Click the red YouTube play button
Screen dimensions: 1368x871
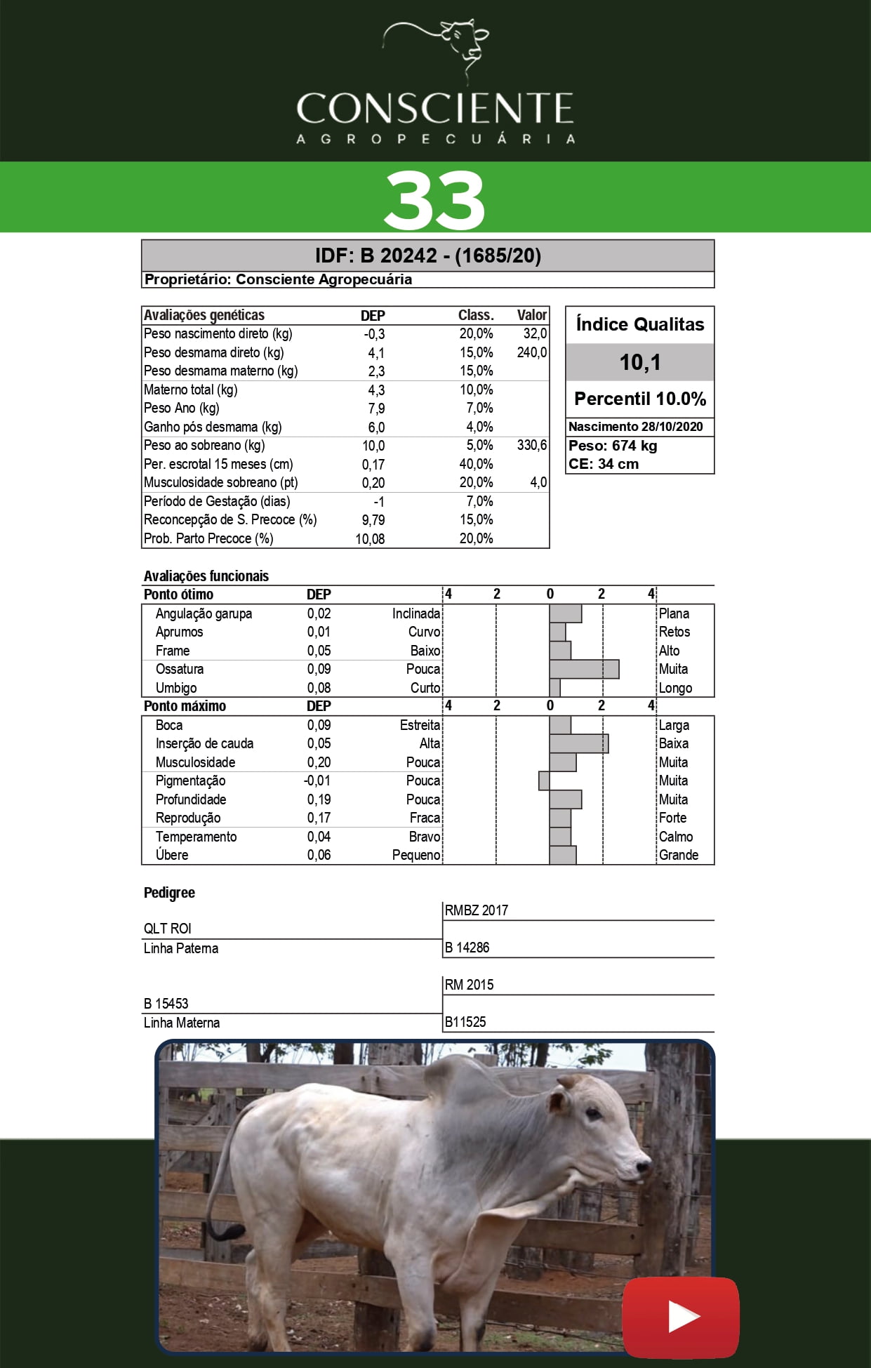tap(681, 1317)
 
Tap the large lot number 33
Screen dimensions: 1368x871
tap(434, 200)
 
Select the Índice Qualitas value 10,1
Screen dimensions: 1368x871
tap(639, 362)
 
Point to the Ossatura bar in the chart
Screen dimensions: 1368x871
tap(584, 669)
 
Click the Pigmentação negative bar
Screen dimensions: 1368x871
tap(544, 781)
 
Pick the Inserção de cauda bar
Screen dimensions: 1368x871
tap(578, 743)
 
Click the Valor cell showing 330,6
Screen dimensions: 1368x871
tap(531, 445)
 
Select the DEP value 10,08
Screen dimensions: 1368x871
tap(370, 538)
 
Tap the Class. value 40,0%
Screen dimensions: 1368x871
tap(476, 464)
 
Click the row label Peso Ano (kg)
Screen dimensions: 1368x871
tap(181, 408)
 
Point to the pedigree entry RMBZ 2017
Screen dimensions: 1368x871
tap(476, 910)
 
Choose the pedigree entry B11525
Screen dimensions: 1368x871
tap(465, 1022)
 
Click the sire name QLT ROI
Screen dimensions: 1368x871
tap(167, 929)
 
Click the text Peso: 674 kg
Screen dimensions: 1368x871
tap(612, 446)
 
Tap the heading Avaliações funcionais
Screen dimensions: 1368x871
tap(206, 576)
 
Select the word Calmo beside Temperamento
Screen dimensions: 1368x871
tap(675, 837)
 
